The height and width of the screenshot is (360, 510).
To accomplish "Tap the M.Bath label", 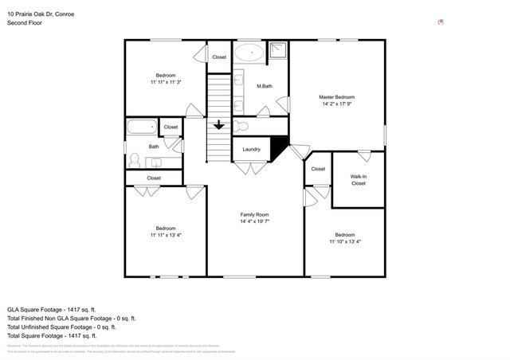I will (265, 86).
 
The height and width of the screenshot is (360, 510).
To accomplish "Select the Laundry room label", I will (251, 149).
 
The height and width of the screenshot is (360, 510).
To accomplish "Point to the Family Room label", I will (255, 214).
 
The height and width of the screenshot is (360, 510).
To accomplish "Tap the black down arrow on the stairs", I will (219, 125).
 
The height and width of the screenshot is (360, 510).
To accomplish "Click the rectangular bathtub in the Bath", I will (143, 127).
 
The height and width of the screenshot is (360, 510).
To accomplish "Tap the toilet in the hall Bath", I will (134, 158).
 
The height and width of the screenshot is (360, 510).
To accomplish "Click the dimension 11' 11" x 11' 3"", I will (166, 82).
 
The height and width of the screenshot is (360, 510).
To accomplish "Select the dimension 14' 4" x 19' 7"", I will (255, 221).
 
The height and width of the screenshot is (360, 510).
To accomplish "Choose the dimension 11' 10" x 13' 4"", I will (344, 242).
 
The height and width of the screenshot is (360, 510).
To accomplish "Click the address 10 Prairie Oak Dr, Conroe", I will (42, 14).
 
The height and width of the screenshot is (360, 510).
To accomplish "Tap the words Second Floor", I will (25, 23).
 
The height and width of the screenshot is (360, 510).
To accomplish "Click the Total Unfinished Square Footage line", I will (61, 327).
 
